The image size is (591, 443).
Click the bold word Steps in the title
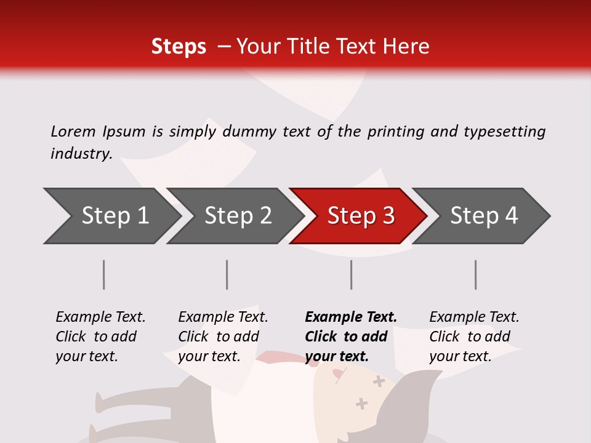click(179, 47)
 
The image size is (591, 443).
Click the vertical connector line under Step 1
click(104, 274)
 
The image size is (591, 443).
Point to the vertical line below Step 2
click(227, 274)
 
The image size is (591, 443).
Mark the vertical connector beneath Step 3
click(352, 274)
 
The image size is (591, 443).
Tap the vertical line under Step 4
click(476, 274)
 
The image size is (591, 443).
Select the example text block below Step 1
click(100, 336)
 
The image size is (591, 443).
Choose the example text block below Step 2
click(223, 336)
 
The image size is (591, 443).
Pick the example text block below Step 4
click(474, 336)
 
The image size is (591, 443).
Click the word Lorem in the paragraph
click(73, 131)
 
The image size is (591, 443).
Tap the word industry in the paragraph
click(81, 154)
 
